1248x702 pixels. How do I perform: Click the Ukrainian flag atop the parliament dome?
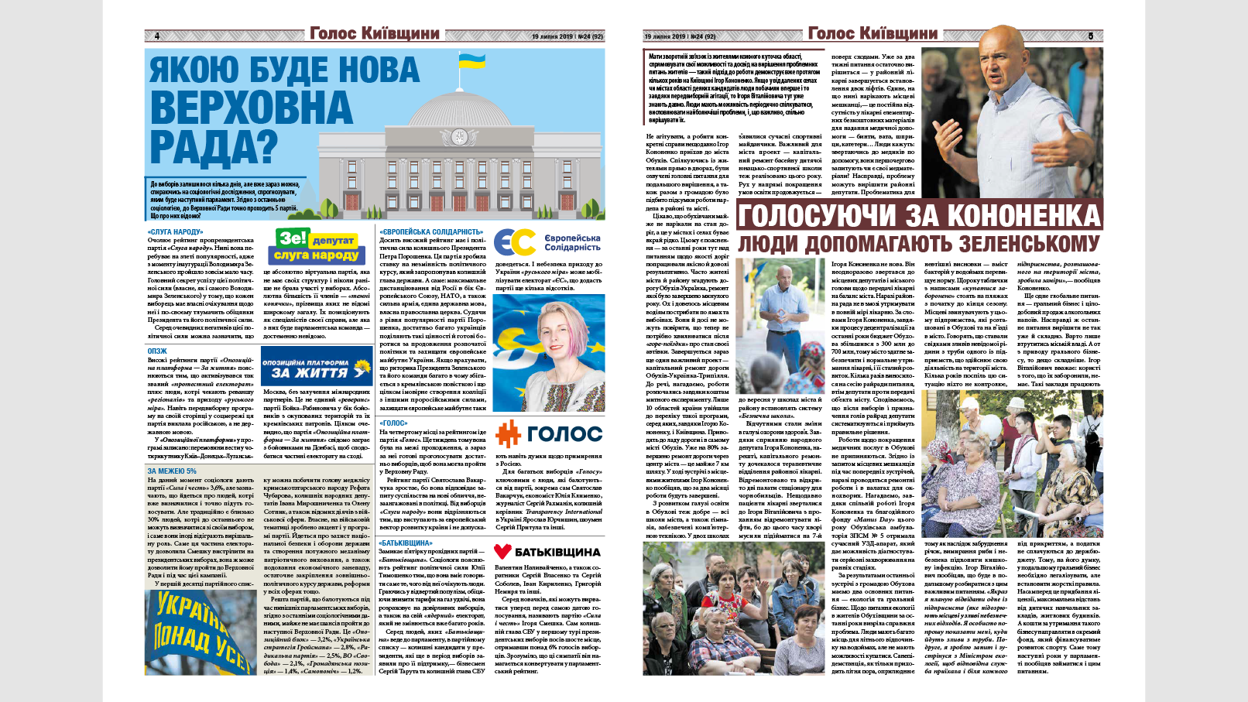pyautogui.click(x=471, y=60)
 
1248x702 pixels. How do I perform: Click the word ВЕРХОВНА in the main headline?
pyautogui.click(x=251, y=108)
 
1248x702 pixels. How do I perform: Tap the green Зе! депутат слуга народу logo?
pyautogui.click(x=316, y=246)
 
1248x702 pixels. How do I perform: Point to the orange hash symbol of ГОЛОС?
pyautogui.click(x=508, y=434)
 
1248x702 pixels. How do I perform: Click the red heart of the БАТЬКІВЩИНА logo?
pyautogui.click(x=502, y=552)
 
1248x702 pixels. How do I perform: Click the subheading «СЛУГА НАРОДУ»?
pyautogui.click(x=175, y=232)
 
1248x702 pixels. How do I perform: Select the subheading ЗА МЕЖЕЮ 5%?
pyautogui.click(x=172, y=471)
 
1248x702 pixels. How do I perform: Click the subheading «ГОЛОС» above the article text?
pyautogui.click(x=393, y=423)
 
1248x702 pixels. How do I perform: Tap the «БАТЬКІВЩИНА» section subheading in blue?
pyautogui.click(x=406, y=543)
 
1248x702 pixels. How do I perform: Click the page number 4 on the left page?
pyautogui.click(x=157, y=36)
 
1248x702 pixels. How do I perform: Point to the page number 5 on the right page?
pyautogui.click(x=1090, y=36)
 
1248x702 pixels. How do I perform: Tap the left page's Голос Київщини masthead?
pyautogui.click(x=374, y=33)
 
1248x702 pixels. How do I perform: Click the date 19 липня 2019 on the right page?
pyautogui.click(x=665, y=36)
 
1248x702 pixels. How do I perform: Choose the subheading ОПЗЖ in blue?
pyautogui.click(x=157, y=351)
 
